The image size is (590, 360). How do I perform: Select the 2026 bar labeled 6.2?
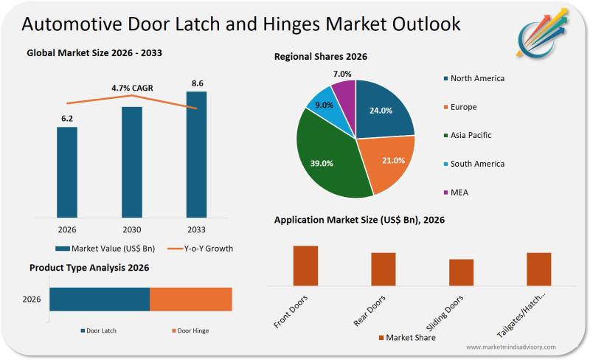[67, 173]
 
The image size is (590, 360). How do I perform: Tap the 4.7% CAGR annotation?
[132, 88]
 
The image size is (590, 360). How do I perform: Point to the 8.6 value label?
[197, 83]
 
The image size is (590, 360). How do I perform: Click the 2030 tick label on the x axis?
[131, 229]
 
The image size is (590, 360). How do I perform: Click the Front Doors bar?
[305, 265]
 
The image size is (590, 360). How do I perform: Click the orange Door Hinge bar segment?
[191, 300]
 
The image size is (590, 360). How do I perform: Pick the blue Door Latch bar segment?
[100, 300]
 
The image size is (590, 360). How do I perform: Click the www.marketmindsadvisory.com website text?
[511, 347]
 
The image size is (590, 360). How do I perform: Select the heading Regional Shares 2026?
[321, 56]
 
